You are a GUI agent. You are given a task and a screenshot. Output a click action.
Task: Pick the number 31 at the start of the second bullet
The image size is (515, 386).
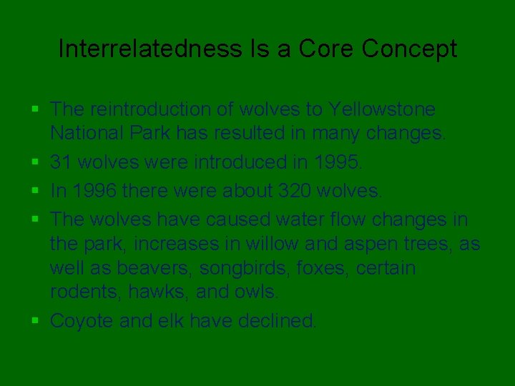[x=61, y=162]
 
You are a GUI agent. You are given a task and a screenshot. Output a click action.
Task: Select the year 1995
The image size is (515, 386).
[x=338, y=162]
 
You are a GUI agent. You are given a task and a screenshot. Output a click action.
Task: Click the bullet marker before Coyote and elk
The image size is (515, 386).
[x=36, y=321]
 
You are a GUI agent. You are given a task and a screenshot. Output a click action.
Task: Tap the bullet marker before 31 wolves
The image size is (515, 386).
[x=36, y=162]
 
